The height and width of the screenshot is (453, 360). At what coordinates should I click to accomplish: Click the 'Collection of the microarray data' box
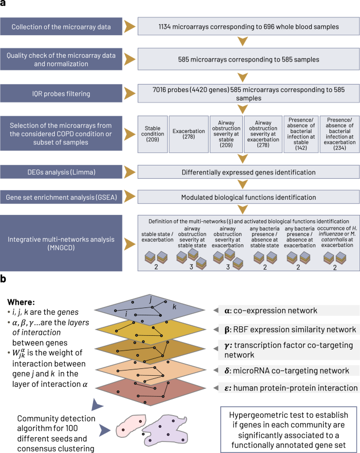tap(61, 27)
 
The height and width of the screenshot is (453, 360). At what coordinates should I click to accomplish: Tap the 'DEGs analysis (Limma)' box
tap(61, 171)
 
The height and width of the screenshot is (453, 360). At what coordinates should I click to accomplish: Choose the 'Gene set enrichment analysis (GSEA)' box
tap(61, 197)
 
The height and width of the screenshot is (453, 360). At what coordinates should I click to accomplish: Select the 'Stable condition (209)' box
tap(152, 133)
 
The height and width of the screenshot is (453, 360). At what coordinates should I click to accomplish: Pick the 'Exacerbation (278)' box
tap(188, 133)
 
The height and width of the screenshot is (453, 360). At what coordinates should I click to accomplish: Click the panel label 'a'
tap(5, 5)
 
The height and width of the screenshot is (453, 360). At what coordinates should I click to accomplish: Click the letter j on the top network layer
tap(150, 298)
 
